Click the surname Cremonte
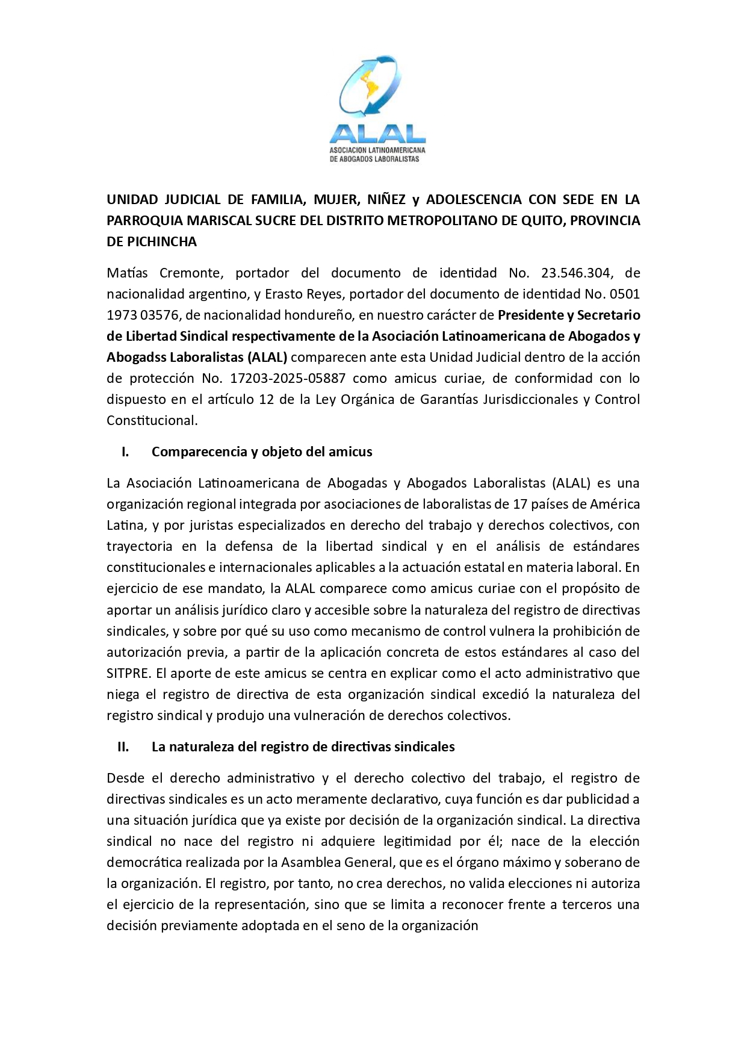click(x=191, y=273)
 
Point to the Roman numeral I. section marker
click(x=125, y=452)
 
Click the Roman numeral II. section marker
click(x=123, y=747)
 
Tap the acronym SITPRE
click(x=126, y=673)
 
